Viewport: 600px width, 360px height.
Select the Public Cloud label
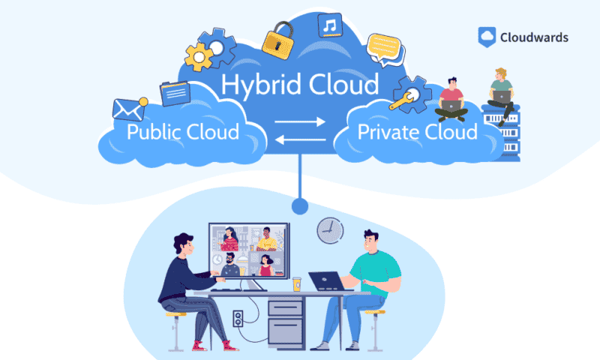[x=182, y=133]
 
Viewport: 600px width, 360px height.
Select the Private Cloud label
[x=417, y=133]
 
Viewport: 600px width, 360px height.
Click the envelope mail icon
[x=128, y=109]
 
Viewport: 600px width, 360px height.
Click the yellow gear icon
[x=198, y=55]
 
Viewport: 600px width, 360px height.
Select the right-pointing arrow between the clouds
[x=300, y=121]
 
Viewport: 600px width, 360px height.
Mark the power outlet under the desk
[x=238, y=319]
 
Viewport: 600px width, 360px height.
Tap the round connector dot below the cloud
[x=300, y=204]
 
